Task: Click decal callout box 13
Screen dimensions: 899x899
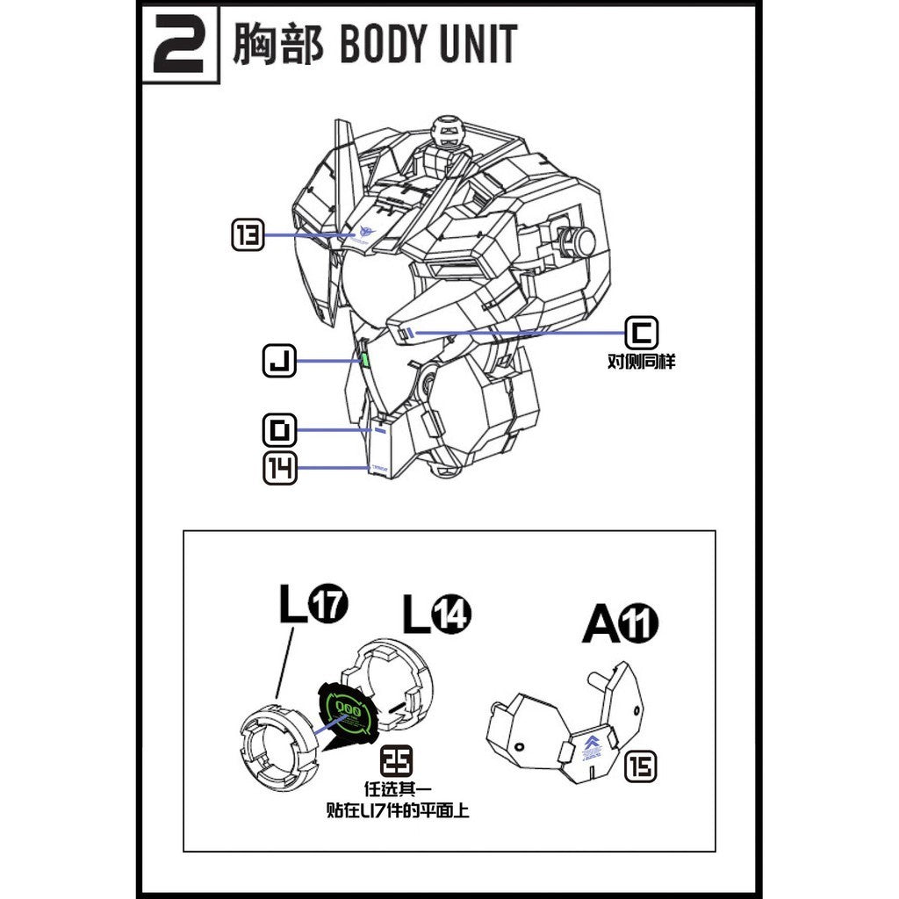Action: coord(248,235)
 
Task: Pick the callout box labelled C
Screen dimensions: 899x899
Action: coord(641,333)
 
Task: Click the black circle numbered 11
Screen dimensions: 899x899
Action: coord(640,624)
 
